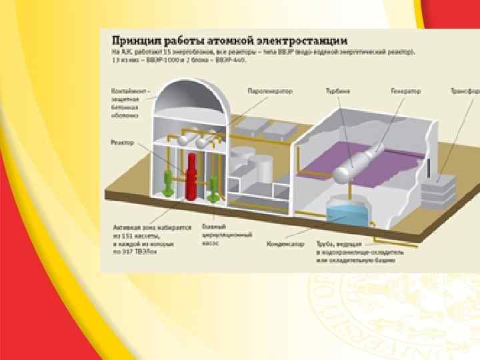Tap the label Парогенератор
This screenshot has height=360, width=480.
click(261, 91)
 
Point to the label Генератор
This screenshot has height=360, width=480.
click(406, 91)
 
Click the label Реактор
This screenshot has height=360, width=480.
click(123, 142)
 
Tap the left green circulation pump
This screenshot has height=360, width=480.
click(169, 183)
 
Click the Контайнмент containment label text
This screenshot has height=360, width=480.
click(125, 103)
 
